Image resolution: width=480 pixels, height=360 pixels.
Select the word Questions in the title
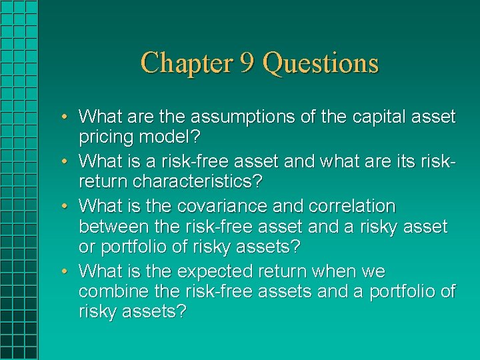point(321,63)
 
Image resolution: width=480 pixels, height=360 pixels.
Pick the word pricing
point(106,139)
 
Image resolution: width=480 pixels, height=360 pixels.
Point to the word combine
point(113,292)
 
